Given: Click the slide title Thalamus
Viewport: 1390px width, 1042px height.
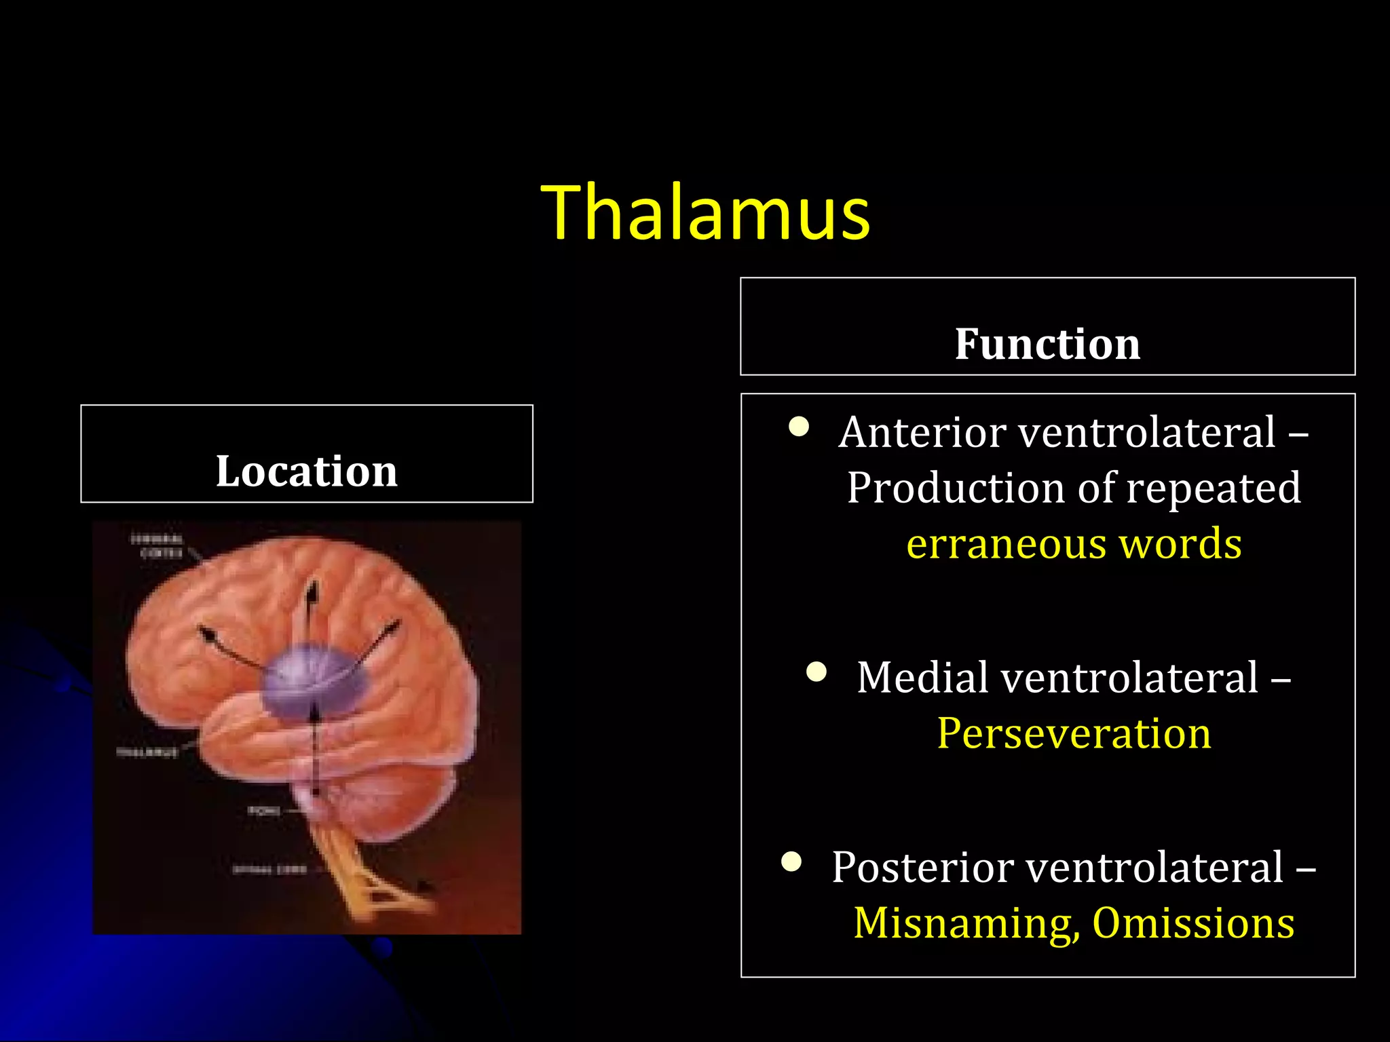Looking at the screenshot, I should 705,212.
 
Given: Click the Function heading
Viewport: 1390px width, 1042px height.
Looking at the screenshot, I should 1047,344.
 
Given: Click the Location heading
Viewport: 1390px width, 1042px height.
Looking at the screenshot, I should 307,471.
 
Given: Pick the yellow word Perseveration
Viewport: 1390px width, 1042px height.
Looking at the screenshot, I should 1074,733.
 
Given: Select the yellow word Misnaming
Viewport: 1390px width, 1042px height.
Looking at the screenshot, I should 965,923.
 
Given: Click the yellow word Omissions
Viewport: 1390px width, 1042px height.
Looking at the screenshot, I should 1193,923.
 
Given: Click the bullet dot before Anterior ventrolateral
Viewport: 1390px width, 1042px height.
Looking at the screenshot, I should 799,427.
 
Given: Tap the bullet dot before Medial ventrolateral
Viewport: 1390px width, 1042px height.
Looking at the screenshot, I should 816,672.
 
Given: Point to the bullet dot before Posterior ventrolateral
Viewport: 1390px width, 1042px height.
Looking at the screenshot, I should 791,862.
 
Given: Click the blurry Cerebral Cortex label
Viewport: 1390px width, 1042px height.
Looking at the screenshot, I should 158,546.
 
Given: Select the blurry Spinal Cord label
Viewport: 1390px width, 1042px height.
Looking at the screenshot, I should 269,870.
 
